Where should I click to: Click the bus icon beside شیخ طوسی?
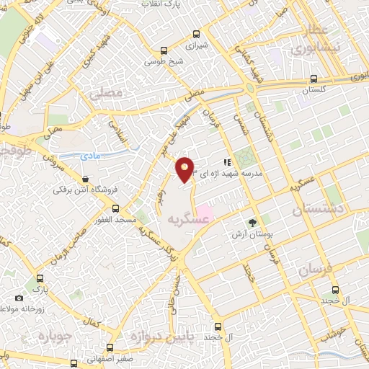pyautogui.click(x=165, y=51)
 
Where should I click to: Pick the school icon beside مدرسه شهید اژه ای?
pyautogui.click(x=226, y=163)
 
